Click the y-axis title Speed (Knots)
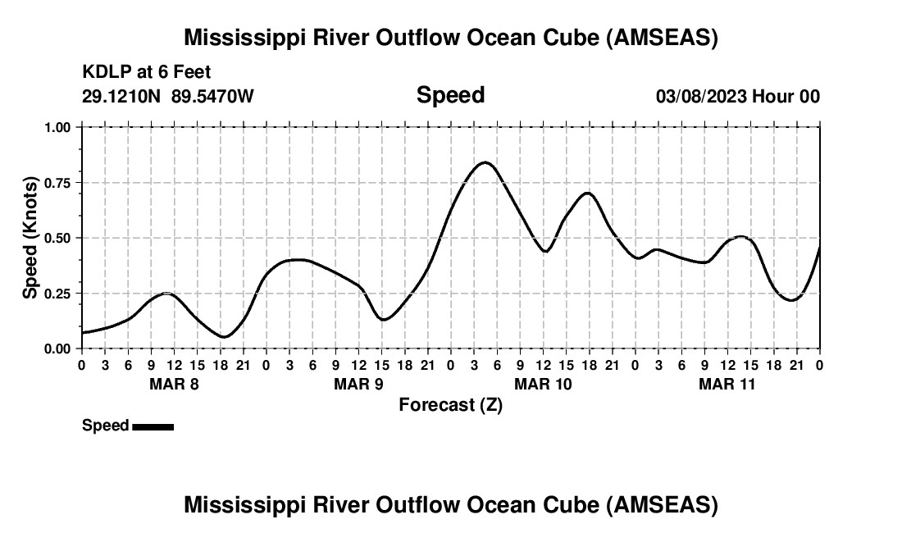click(30, 238)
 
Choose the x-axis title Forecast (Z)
click(450, 405)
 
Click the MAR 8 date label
click(174, 384)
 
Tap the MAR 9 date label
click(358, 384)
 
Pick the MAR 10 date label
click(543, 384)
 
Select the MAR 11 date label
click(727, 384)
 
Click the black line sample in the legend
click(153, 426)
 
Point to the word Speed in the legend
click(105, 426)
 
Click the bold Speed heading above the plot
click(450, 95)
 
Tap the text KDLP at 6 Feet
click(147, 72)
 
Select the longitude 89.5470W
click(212, 97)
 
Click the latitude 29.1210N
click(122, 97)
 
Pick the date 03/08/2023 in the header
click(700, 97)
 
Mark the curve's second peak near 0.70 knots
click(587, 193)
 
